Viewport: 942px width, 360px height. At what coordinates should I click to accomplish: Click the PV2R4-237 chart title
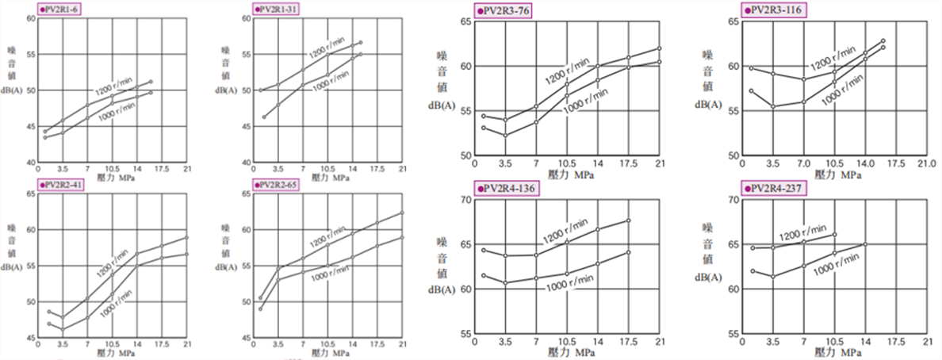coord(778,187)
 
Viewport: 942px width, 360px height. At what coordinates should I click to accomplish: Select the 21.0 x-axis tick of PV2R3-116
coord(926,164)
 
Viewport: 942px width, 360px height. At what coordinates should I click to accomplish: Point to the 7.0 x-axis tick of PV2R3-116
coord(803,164)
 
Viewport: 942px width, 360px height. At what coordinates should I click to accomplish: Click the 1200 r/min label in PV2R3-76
coord(566,70)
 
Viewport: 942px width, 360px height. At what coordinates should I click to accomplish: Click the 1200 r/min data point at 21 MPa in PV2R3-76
coord(659,48)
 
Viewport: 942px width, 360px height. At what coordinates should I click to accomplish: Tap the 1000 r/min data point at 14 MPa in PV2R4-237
coord(865,244)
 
